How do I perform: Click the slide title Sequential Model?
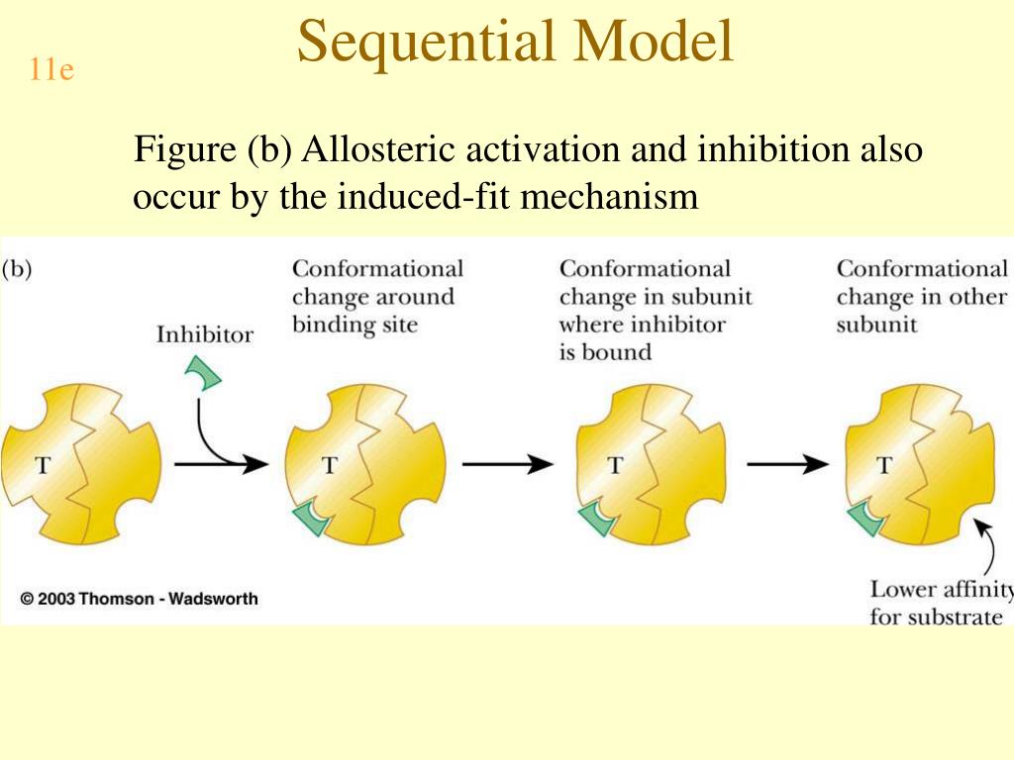(515, 42)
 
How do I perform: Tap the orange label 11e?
(51, 71)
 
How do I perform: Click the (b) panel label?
(17, 269)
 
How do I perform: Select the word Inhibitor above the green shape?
(204, 334)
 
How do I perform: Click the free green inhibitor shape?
(204, 372)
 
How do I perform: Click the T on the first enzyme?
(43, 465)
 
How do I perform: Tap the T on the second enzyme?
(329, 465)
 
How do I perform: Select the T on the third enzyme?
(615, 465)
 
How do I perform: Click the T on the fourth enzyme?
(884, 465)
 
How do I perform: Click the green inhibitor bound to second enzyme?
(316, 516)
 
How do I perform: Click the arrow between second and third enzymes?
(508, 464)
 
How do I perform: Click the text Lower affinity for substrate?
(939, 603)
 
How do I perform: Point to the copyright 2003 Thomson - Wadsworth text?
(139, 599)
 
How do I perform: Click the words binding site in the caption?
(355, 325)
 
